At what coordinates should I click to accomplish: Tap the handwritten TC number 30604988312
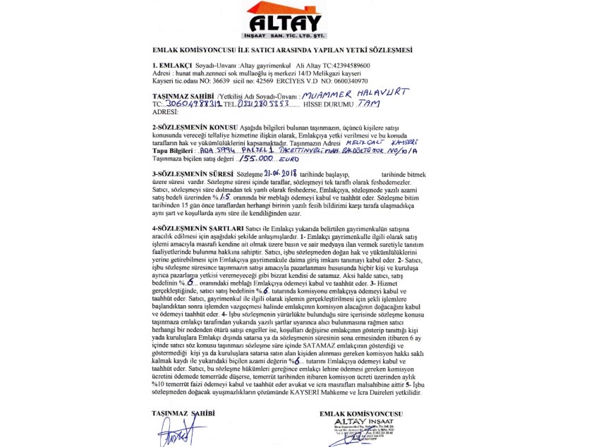(190, 104)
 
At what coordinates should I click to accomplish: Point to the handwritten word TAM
(369, 104)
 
